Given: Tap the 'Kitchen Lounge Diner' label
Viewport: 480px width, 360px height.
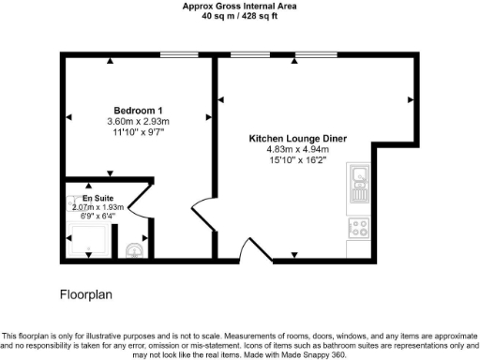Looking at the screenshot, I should (x=297, y=139).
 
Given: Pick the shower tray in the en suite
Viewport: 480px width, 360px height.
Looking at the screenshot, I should (x=89, y=239).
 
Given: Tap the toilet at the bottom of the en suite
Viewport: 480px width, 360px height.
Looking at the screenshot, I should (x=134, y=248).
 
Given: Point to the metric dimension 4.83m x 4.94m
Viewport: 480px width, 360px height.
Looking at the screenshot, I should (x=297, y=149).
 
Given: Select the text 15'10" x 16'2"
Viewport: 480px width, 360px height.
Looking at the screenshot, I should (x=297, y=159).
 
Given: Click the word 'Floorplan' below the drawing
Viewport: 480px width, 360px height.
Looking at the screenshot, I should (x=86, y=294).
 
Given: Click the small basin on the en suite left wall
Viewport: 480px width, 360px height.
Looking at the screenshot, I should (x=72, y=201).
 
